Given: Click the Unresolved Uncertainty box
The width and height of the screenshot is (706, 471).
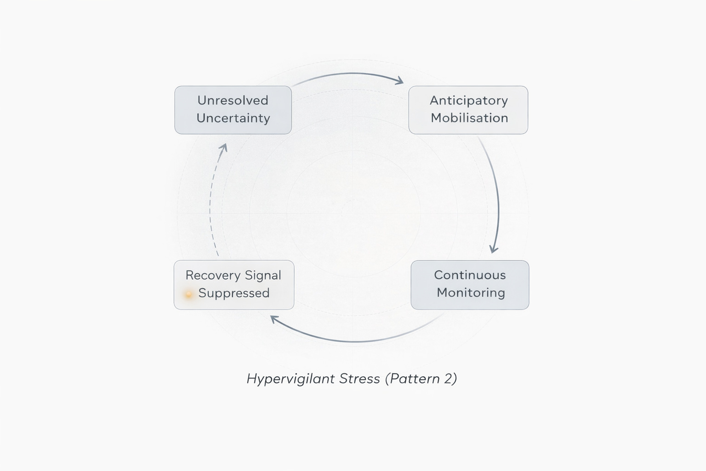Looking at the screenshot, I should pyautogui.click(x=233, y=110).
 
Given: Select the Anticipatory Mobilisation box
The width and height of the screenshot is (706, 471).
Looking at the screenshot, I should pyautogui.click(x=468, y=110).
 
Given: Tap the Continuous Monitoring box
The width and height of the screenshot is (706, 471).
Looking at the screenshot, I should pyautogui.click(x=470, y=285).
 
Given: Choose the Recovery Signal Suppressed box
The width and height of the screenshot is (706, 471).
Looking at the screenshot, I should pyautogui.click(x=234, y=285).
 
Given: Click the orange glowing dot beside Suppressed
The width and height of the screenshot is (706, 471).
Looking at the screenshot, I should pyautogui.click(x=188, y=294).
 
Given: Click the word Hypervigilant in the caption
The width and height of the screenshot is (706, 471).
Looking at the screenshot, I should pyautogui.click(x=290, y=379).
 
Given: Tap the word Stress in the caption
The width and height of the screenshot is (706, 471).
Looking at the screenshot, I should pyautogui.click(x=359, y=379).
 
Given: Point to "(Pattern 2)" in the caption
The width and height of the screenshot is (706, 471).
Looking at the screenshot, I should pyautogui.click(x=421, y=379).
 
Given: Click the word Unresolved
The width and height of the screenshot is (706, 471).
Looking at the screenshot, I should pyautogui.click(x=233, y=100).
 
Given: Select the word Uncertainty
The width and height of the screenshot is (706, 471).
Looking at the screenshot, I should pyautogui.click(x=233, y=118).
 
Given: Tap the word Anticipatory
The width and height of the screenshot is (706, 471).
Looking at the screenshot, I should pyautogui.click(x=469, y=101).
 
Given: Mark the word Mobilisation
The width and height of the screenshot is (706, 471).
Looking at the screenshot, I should pyautogui.click(x=469, y=118).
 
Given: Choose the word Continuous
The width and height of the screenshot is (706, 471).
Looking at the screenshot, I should pyautogui.click(x=470, y=275).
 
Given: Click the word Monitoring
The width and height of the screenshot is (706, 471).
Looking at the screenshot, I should pyautogui.click(x=471, y=293).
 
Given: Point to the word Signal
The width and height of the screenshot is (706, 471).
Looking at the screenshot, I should pyautogui.click(x=263, y=275).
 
